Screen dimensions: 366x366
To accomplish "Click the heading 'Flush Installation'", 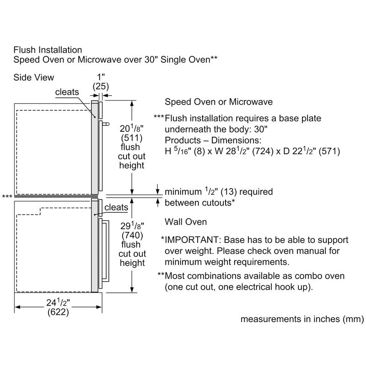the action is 48,50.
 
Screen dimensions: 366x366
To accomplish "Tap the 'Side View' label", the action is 33,77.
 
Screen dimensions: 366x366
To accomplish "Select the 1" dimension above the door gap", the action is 101,77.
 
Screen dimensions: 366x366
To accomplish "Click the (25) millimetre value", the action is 101,86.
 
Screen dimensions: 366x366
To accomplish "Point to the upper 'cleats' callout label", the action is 67,92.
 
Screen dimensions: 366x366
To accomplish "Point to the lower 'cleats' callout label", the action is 116,207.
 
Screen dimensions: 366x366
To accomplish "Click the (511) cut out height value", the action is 132,138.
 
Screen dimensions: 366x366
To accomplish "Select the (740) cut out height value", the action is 132,235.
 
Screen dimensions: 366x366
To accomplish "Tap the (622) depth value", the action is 58,312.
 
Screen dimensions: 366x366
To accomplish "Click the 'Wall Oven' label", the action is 186,222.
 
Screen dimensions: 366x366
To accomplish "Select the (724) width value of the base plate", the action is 263,151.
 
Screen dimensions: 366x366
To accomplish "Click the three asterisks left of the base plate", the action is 7,197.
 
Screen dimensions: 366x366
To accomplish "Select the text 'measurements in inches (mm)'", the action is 302,319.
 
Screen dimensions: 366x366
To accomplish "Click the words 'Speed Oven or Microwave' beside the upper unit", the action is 219,102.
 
